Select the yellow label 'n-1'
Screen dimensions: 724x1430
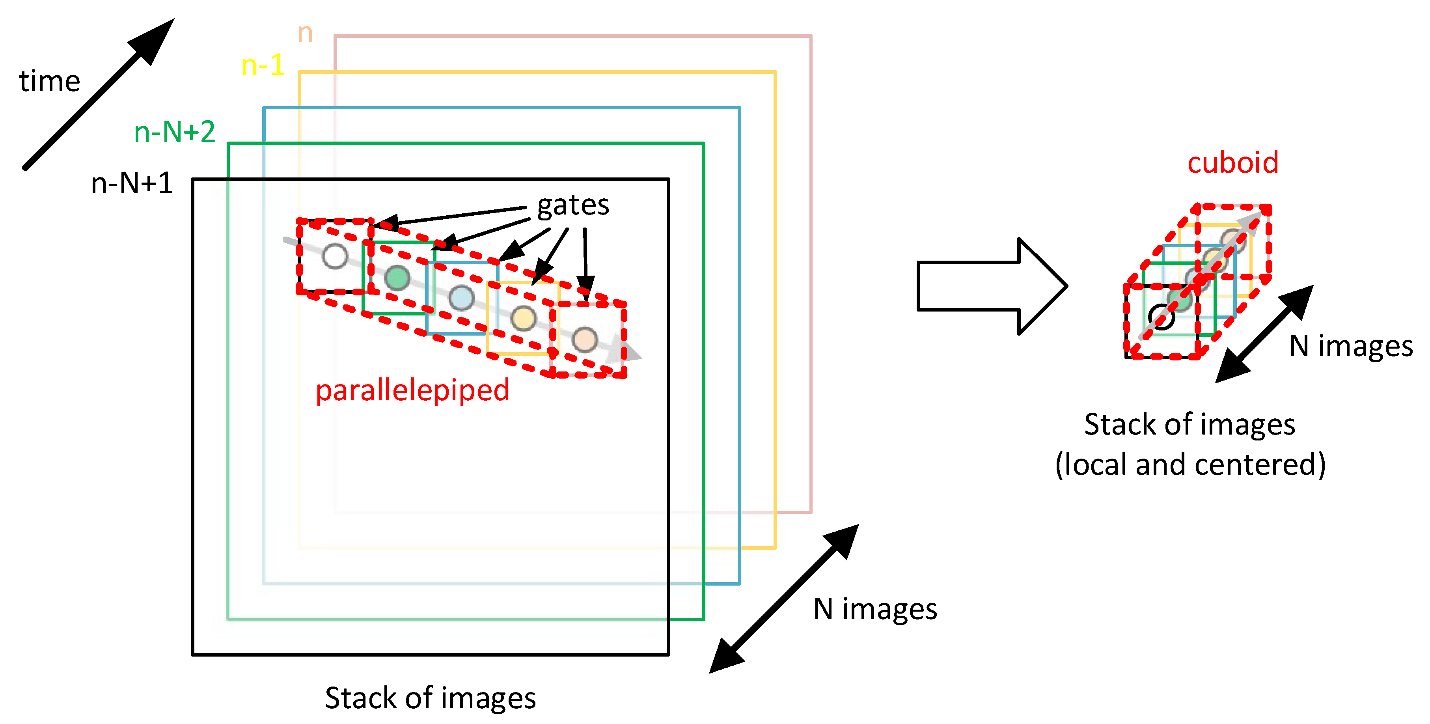tap(263, 65)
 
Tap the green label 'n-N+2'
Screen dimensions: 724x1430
tap(174, 132)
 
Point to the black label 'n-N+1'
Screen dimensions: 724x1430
tap(132, 183)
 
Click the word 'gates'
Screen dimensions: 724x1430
tap(573, 205)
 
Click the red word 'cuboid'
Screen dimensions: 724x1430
tap(1232, 163)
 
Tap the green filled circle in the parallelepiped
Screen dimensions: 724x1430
tap(397, 278)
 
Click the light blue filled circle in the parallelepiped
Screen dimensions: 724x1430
tap(461, 298)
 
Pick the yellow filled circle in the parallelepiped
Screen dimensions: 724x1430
tap(523, 318)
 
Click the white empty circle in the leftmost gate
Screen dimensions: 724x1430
tap(335, 256)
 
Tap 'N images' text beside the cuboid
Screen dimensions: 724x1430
tap(1350, 347)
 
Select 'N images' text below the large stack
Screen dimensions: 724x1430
tap(875, 609)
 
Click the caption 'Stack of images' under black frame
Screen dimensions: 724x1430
tap(430, 698)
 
